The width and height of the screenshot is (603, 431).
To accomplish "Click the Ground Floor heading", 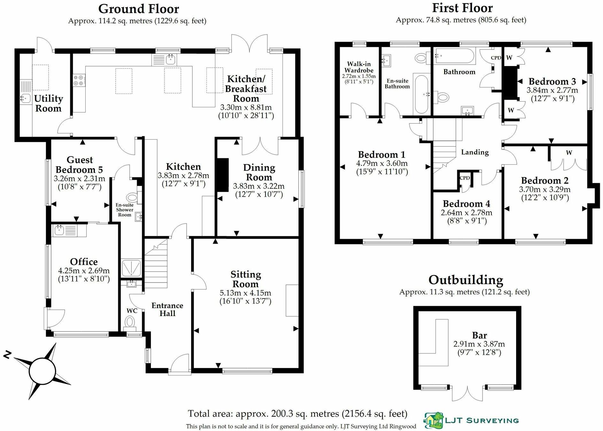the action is pyautogui.click(x=138, y=9).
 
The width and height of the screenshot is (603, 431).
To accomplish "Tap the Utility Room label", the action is pyautogui.click(x=48, y=103).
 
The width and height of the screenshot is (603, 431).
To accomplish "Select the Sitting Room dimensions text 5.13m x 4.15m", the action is pyautogui.click(x=245, y=293).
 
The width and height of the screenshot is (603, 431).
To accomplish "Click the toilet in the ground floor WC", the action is pyautogui.click(x=130, y=322).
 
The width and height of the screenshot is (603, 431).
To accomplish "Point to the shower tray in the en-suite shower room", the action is pyautogui.click(x=131, y=268).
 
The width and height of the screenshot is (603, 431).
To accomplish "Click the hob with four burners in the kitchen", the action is pyautogui.click(x=79, y=80).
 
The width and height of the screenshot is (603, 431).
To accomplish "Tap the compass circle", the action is pyautogui.click(x=43, y=371).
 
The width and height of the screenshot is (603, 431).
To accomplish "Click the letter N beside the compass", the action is pyautogui.click(x=8, y=354).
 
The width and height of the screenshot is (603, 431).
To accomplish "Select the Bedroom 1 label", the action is pyautogui.click(x=382, y=155).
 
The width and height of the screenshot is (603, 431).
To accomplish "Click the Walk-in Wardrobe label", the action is pyautogui.click(x=359, y=67).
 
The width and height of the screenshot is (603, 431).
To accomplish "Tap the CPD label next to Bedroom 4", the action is pyautogui.click(x=465, y=178).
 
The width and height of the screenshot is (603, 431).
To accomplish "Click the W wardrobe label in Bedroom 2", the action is pyautogui.click(x=569, y=153).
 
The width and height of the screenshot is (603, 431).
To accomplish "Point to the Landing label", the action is pyautogui.click(x=475, y=152).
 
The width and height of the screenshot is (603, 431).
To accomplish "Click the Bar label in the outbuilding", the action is pyautogui.click(x=479, y=335).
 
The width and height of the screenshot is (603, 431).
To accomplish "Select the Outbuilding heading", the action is pyautogui.click(x=466, y=280).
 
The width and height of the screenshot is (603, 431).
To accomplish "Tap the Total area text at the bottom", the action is pyautogui.click(x=298, y=414).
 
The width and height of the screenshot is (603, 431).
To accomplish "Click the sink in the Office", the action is pyautogui.click(x=59, y=230).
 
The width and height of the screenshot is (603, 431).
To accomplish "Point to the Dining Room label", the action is pyautogui.click(x=259, y=172).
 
